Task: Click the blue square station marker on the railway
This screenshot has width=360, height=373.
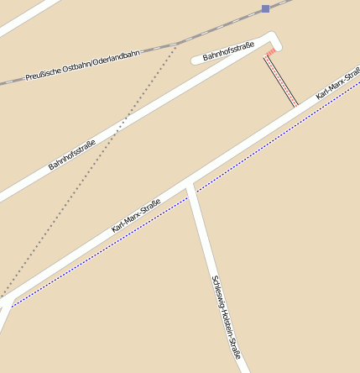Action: pyautogui.click(x=265, y=8)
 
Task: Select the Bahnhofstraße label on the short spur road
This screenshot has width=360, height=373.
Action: pyautogui.click(x=229, y=53)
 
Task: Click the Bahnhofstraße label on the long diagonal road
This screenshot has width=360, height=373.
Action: pyautogui.click(x=71, y=154)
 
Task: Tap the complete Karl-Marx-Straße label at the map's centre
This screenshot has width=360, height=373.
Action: pyautogui.click(x=136, y=215)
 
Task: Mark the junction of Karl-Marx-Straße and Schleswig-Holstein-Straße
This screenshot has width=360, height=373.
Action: pyautogui.click(x=190, y=184)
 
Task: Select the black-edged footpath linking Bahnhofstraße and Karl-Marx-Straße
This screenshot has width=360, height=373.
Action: pyautogui.click(x=281, y=81)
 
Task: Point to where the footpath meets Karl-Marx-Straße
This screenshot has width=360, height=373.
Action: pyautogui.click(x=295, y=107)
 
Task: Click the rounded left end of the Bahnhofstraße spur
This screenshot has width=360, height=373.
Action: pyautogui.click(x=196, y=60)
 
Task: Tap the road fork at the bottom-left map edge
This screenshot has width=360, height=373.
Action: pyautogui.click(x=6, y=304)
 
